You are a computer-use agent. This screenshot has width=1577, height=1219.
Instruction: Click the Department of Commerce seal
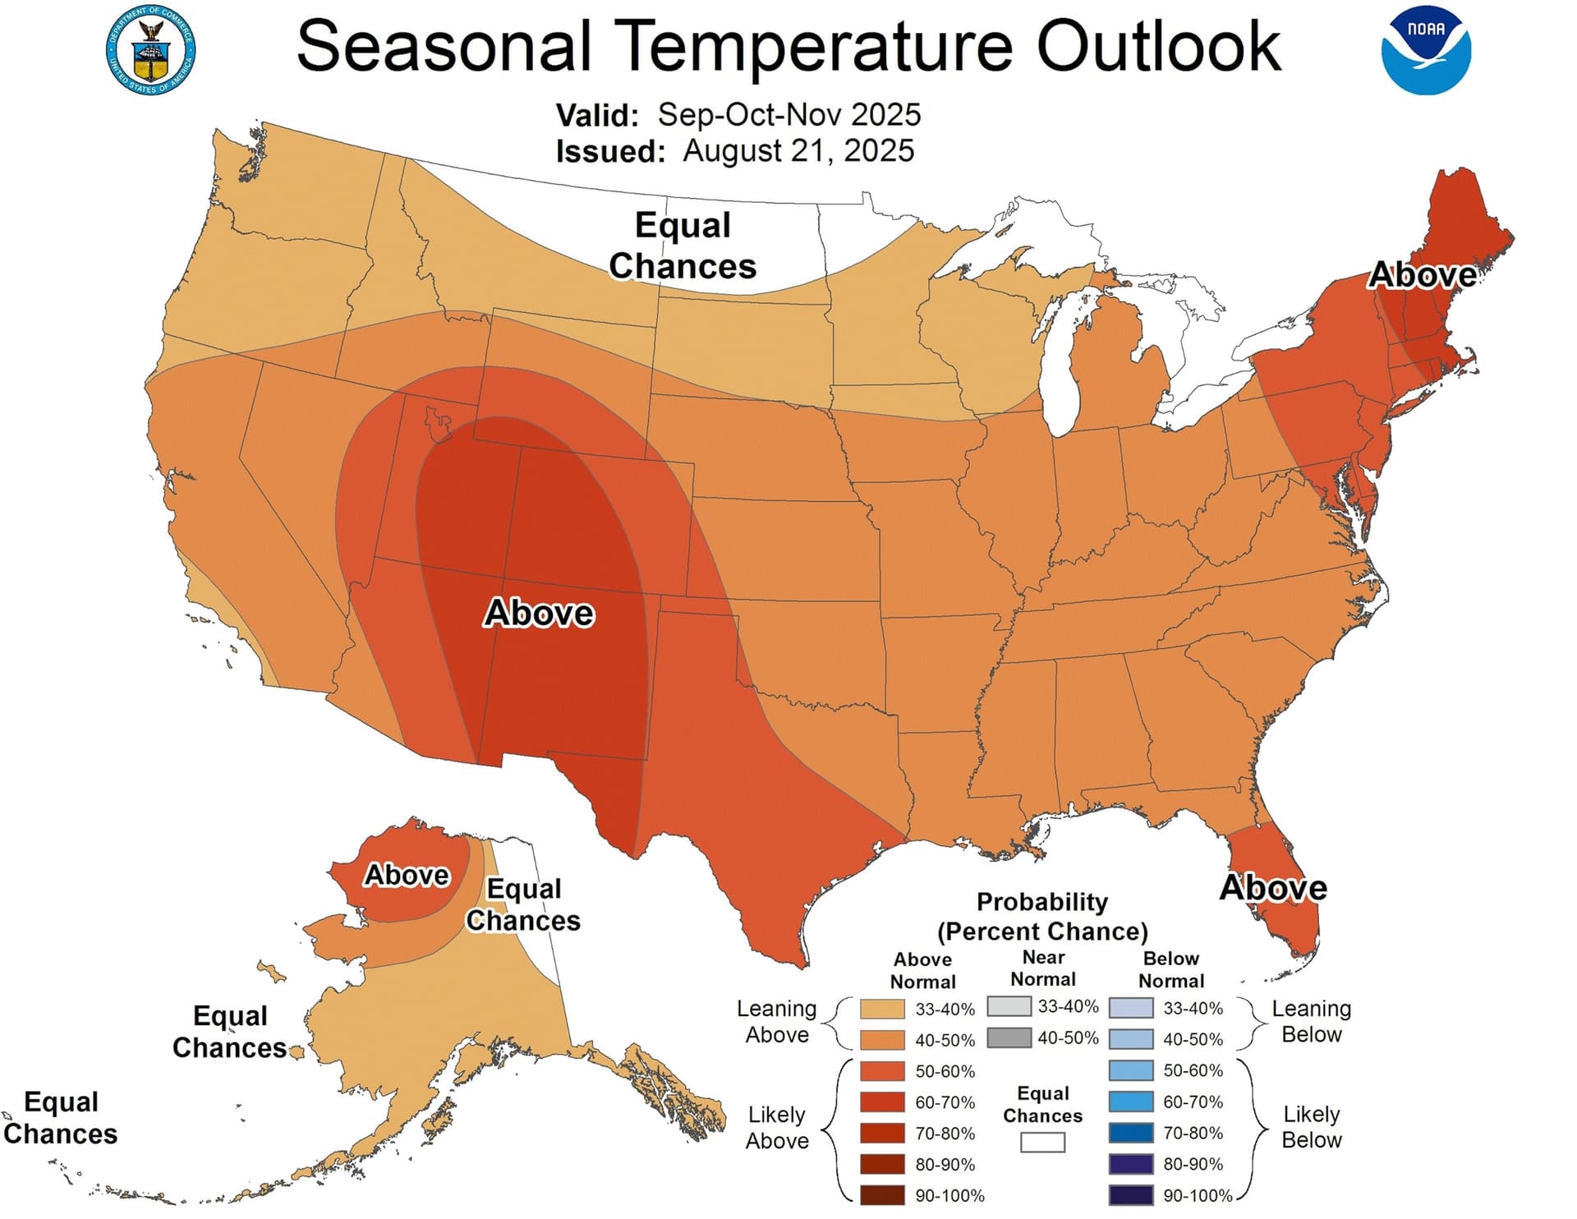point(150,50)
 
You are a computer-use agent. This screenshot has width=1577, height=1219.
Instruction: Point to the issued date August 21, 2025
point(798,151)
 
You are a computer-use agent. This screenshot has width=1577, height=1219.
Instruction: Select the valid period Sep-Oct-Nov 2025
point(788,115)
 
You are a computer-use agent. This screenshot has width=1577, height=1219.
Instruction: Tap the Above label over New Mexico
point(539,614)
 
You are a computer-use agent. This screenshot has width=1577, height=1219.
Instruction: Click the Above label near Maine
point(1422,275)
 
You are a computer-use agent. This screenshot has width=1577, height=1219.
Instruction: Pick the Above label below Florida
point(1272,888)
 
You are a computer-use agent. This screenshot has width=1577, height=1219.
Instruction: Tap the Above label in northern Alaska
point(407,876)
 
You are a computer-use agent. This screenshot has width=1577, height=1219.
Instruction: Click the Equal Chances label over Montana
point(683,246)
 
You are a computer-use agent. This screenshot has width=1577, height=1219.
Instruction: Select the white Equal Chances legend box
point(1042,1143)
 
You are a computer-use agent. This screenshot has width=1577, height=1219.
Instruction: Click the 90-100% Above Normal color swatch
point(882,1195)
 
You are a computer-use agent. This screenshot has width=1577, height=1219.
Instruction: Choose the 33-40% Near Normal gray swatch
point(1009,1006)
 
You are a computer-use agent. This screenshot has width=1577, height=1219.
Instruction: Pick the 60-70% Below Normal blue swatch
point(1130,1102)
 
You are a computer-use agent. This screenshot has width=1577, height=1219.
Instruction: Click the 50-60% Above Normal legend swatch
point(882,1071)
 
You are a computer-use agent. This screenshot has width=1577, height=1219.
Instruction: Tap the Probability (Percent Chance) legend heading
point(1042,917)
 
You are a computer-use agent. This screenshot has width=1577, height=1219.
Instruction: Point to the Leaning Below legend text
point(1311,1021)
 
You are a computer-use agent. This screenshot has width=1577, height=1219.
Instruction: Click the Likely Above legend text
point(777,1128)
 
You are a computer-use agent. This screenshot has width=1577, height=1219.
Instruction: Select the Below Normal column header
point(1170,969)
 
